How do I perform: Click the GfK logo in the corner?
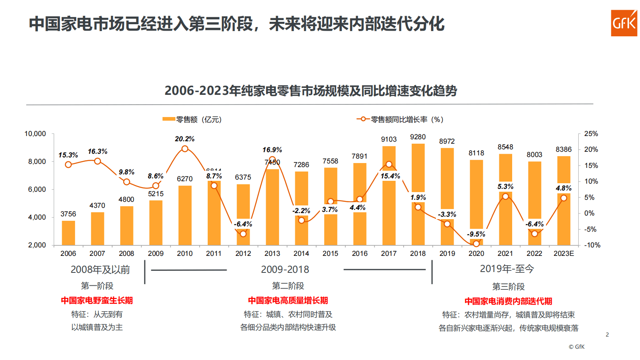[x=623, y=23]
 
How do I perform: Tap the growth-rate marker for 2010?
[x=185, y=149]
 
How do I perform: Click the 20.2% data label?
[x=185, y=139]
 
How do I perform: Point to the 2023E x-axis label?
[x=563, y=253]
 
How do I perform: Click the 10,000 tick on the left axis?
[x=35, y=134]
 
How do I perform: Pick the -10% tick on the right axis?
[x=592, y=245]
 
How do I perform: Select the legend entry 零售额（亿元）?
[x=193, y=119]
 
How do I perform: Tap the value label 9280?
[x=418, y=137]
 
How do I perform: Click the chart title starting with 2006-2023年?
[x=311, y=91]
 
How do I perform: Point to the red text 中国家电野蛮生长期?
[x=97, y=300]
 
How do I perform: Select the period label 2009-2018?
[x=285, y=269]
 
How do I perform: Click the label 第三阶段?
[x=508, y=287]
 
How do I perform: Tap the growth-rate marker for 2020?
[x=476, y=244]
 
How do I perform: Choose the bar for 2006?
[x=68, y=233]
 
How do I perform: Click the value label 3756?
[x=68, y=214]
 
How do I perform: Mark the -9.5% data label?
[x=476, y=234]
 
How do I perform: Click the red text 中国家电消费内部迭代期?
[x=508, y=301]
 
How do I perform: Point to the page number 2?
[x=607, y=335]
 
